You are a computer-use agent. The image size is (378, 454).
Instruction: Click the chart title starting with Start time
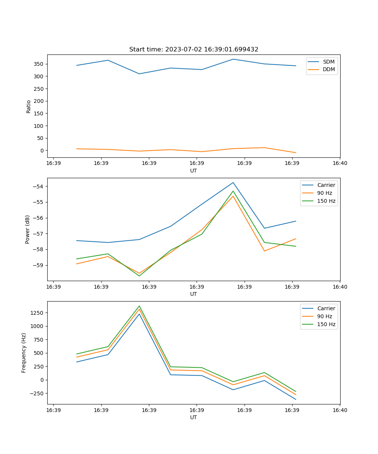coord(194,50)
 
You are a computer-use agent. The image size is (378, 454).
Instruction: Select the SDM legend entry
coord(328,62)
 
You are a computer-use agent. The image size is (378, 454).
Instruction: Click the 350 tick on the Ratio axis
coord(39,64)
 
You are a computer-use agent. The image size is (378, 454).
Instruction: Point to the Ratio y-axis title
coord(29,106)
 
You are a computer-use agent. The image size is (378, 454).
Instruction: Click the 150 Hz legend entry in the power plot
coord(326,201)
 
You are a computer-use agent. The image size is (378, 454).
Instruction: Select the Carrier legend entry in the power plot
coord(326,185)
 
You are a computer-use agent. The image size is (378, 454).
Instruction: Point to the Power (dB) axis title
coord(28,229)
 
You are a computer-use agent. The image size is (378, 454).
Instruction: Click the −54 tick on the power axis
coord(38,187)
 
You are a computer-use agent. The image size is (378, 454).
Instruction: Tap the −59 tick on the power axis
coord(38,265)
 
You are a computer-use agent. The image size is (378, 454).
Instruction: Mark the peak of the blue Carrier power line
coord(233,182)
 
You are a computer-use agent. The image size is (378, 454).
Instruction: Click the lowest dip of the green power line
coord(139,276)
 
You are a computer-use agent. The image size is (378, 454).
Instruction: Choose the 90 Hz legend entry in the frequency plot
coord(325,316)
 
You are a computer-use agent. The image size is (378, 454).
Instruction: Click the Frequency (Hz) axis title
coord(24,353)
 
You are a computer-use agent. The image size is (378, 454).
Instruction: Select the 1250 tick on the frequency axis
coord(37,313)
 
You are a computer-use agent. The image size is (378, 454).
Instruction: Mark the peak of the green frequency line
coord(139,306)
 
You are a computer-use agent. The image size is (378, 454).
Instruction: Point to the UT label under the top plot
coord(194,171)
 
